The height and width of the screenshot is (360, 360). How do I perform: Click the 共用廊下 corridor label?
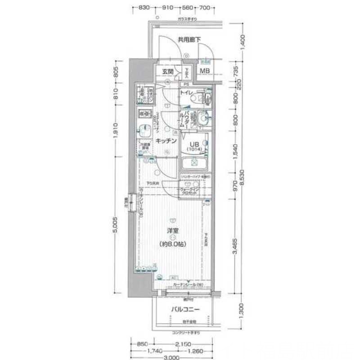(x=189, y=40)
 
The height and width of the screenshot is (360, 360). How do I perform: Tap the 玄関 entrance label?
(x=168, y=72)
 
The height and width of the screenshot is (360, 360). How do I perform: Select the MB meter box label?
(x=205, y=71)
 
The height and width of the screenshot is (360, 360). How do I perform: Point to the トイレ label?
(x=186, y=93)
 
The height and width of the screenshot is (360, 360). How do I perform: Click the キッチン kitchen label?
(x=166, y=141)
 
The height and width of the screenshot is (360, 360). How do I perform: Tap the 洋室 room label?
(x=172, y=231)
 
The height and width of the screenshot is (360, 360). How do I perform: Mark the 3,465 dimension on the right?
(x=235, y=245)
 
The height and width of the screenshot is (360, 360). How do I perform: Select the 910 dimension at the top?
(x=168, y=8)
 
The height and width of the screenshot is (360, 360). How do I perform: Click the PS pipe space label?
(x=185, y=84)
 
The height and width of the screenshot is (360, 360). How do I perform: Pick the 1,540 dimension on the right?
(x=235, y=152)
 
